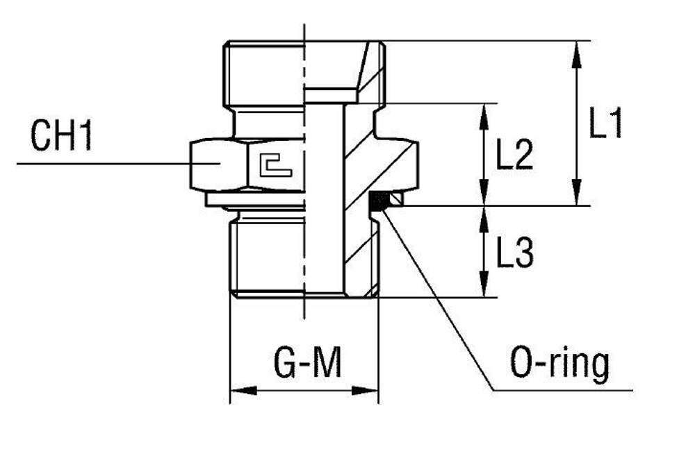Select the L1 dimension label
click(x=605, y=125)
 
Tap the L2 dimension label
click(x=514, y=157)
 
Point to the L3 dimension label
click(x=514, y=255)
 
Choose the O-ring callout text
click(x=559, y=364)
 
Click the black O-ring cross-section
click(x=377, y=201)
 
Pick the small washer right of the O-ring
click(x=395, y=201)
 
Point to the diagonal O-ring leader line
click(x=438, y=298)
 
